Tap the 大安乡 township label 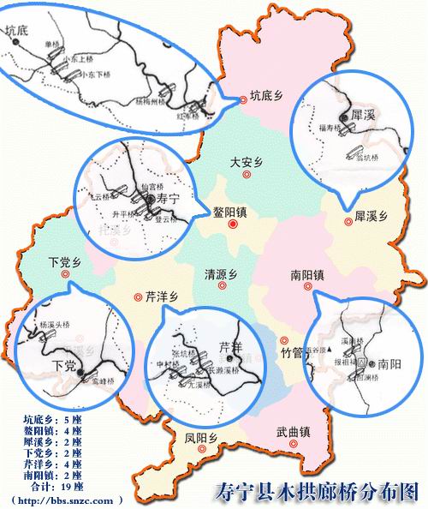(x=247, y=160)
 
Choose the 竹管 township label (x=292, y=352)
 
